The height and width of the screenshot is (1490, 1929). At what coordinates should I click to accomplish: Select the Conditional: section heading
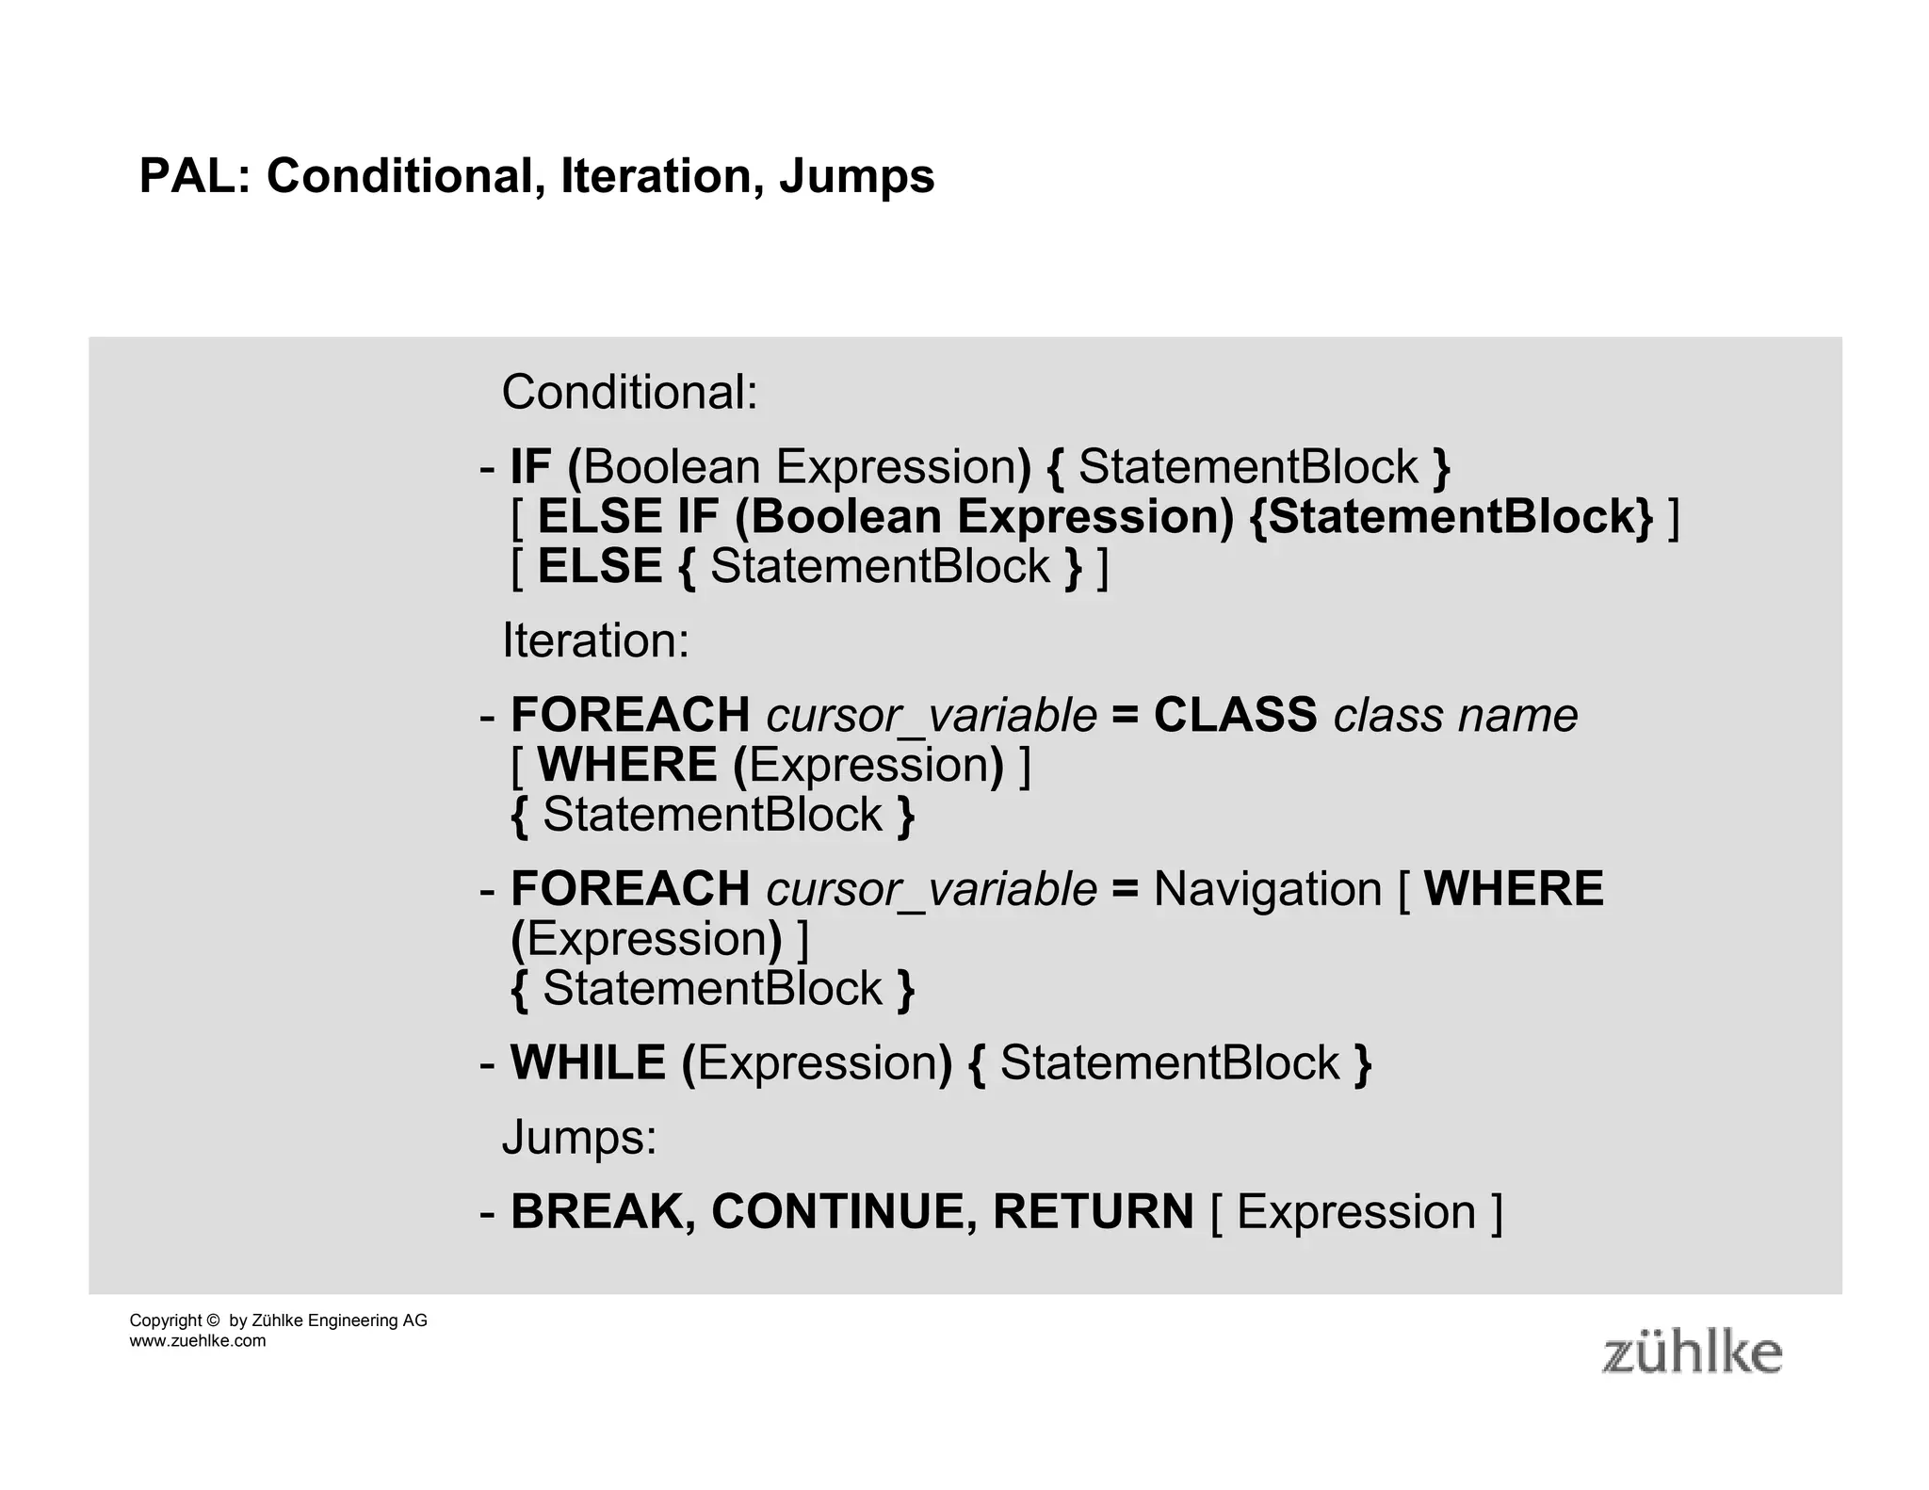pyautogui.click(x=629, y=392)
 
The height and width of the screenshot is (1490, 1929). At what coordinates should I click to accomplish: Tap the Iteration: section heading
pyautogui.click(x=595, y=640)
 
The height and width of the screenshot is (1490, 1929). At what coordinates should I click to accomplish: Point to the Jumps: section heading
pyautogui.click(x=579, y=1137)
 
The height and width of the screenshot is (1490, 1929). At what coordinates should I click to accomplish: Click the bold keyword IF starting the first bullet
pyautogui.click(x=530, y=467)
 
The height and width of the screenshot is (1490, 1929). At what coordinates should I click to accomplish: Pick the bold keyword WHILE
pyautogui.click(x=588, y=1063)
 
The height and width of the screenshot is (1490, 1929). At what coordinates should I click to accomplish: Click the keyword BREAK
pyautogui.click(x=603, y=1212)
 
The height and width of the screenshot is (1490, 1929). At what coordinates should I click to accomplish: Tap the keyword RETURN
pyautogui.click(x=1093, y=1212)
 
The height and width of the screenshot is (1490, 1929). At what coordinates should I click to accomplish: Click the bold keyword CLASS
pyautogui.click(x=1235, y=715)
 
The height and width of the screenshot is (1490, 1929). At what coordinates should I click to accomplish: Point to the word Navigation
pyautogui.click(x=1267, y=890)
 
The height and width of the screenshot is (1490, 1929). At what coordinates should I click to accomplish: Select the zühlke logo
pyautogui.click(x=1692, y=1352)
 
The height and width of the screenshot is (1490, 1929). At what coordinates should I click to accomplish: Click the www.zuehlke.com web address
pyautogui.click(x=198, y=1341)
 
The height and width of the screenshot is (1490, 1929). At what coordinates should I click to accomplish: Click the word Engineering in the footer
pyautogui.click(x=352, y=1320)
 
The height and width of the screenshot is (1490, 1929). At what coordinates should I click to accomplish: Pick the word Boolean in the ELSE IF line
pyautogui.click(x=845, y=517)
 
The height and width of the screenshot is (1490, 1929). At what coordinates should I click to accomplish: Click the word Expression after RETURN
pyautogui.click(x=1356, y=1212)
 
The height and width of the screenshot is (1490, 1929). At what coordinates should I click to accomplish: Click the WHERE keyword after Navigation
pyautogui.click(x=1514, y=889)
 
